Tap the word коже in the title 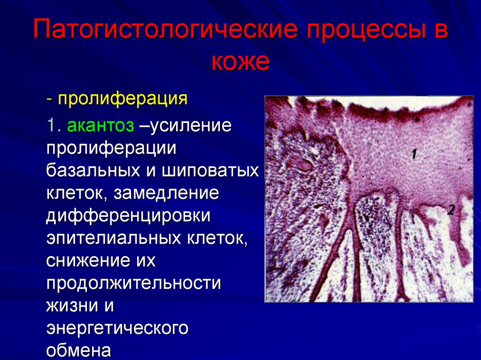tap(240, 62)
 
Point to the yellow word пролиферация tap(123, 99)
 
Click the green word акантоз tap(101, 125)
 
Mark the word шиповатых tap(210, 169)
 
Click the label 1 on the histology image tap(414, 153)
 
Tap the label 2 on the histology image tap(450, 210)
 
